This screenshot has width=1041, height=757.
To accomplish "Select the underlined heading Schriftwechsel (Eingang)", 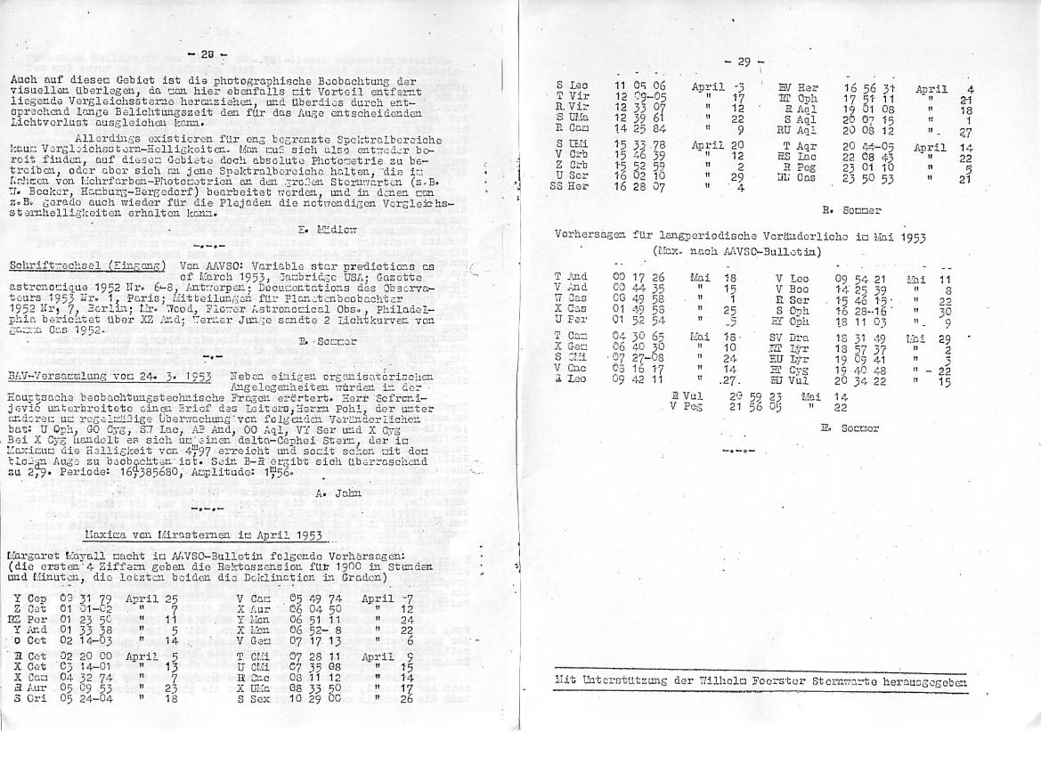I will click(87, 265).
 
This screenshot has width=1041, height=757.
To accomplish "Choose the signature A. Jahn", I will click(335, 492).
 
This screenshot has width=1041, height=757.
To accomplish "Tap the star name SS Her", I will click(571, 186).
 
